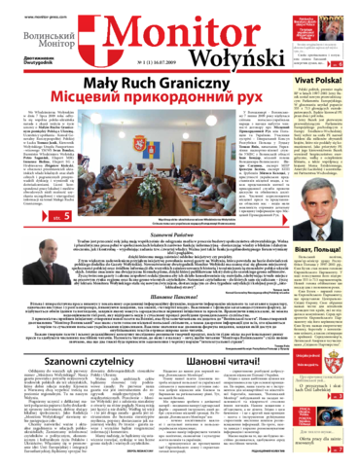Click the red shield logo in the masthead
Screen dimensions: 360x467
click(97, 46)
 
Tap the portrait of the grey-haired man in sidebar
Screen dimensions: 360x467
click(324, 223)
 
